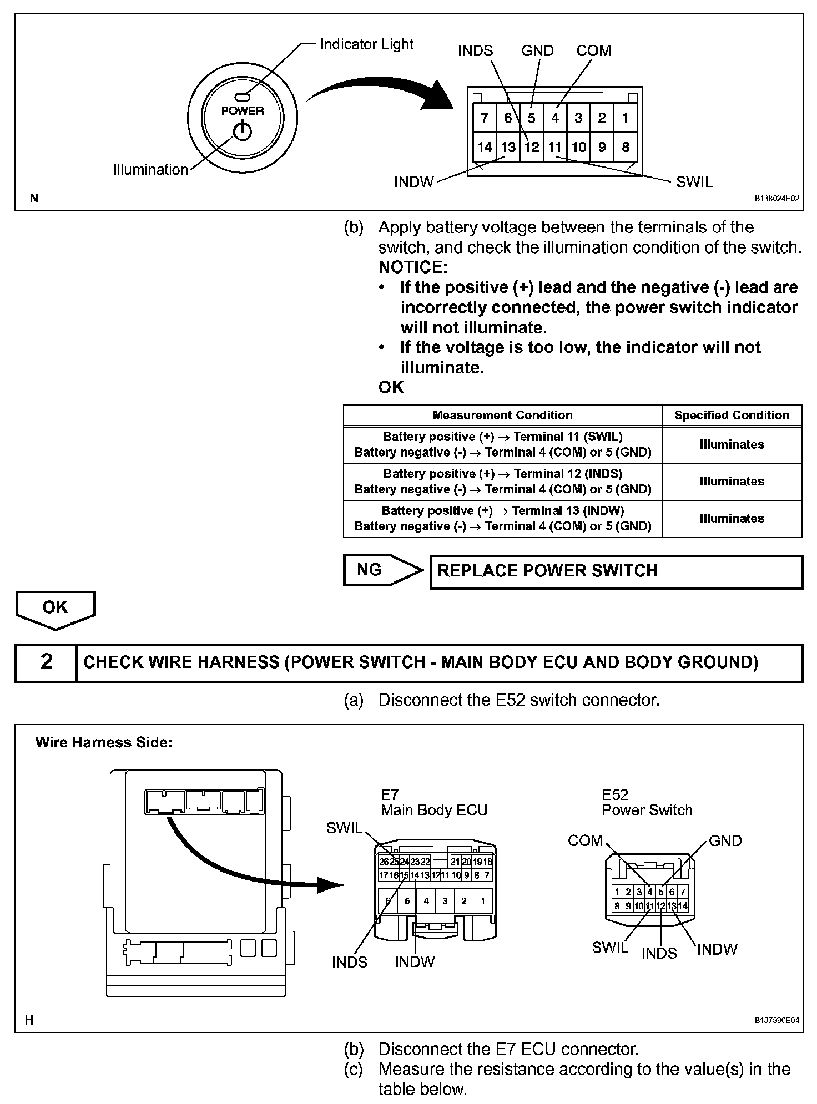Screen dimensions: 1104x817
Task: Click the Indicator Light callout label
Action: tap(366, 44)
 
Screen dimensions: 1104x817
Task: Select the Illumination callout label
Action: tap(150, 170)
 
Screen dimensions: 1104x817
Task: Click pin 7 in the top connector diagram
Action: tap(485, 118)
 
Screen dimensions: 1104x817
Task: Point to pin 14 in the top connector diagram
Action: tap(485, 147)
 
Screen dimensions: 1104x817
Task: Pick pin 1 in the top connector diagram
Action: tap(626, 118)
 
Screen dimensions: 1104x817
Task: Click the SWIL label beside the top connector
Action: tap(694, 182)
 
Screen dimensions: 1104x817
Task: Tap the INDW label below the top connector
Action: tap(413, 182)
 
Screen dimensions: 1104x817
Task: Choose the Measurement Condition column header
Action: tap(502, 416)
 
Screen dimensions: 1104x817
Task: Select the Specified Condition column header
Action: tap(732, 416)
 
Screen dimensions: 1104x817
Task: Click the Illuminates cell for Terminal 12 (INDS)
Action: tap(732, 482)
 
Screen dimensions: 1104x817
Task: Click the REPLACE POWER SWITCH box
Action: tap(616, 571)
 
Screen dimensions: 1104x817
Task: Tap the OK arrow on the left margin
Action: tap(55, 608)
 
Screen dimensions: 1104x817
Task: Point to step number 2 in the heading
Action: tap(46, 662)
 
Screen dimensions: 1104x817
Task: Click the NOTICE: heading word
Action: tap(413, 267)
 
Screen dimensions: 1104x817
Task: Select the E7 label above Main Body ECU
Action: tap(390, 795)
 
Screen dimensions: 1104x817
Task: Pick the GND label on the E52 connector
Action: tap(725, 841)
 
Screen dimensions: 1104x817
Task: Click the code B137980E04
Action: tap(776, 1020)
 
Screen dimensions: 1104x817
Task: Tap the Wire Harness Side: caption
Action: tap(104, 742)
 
